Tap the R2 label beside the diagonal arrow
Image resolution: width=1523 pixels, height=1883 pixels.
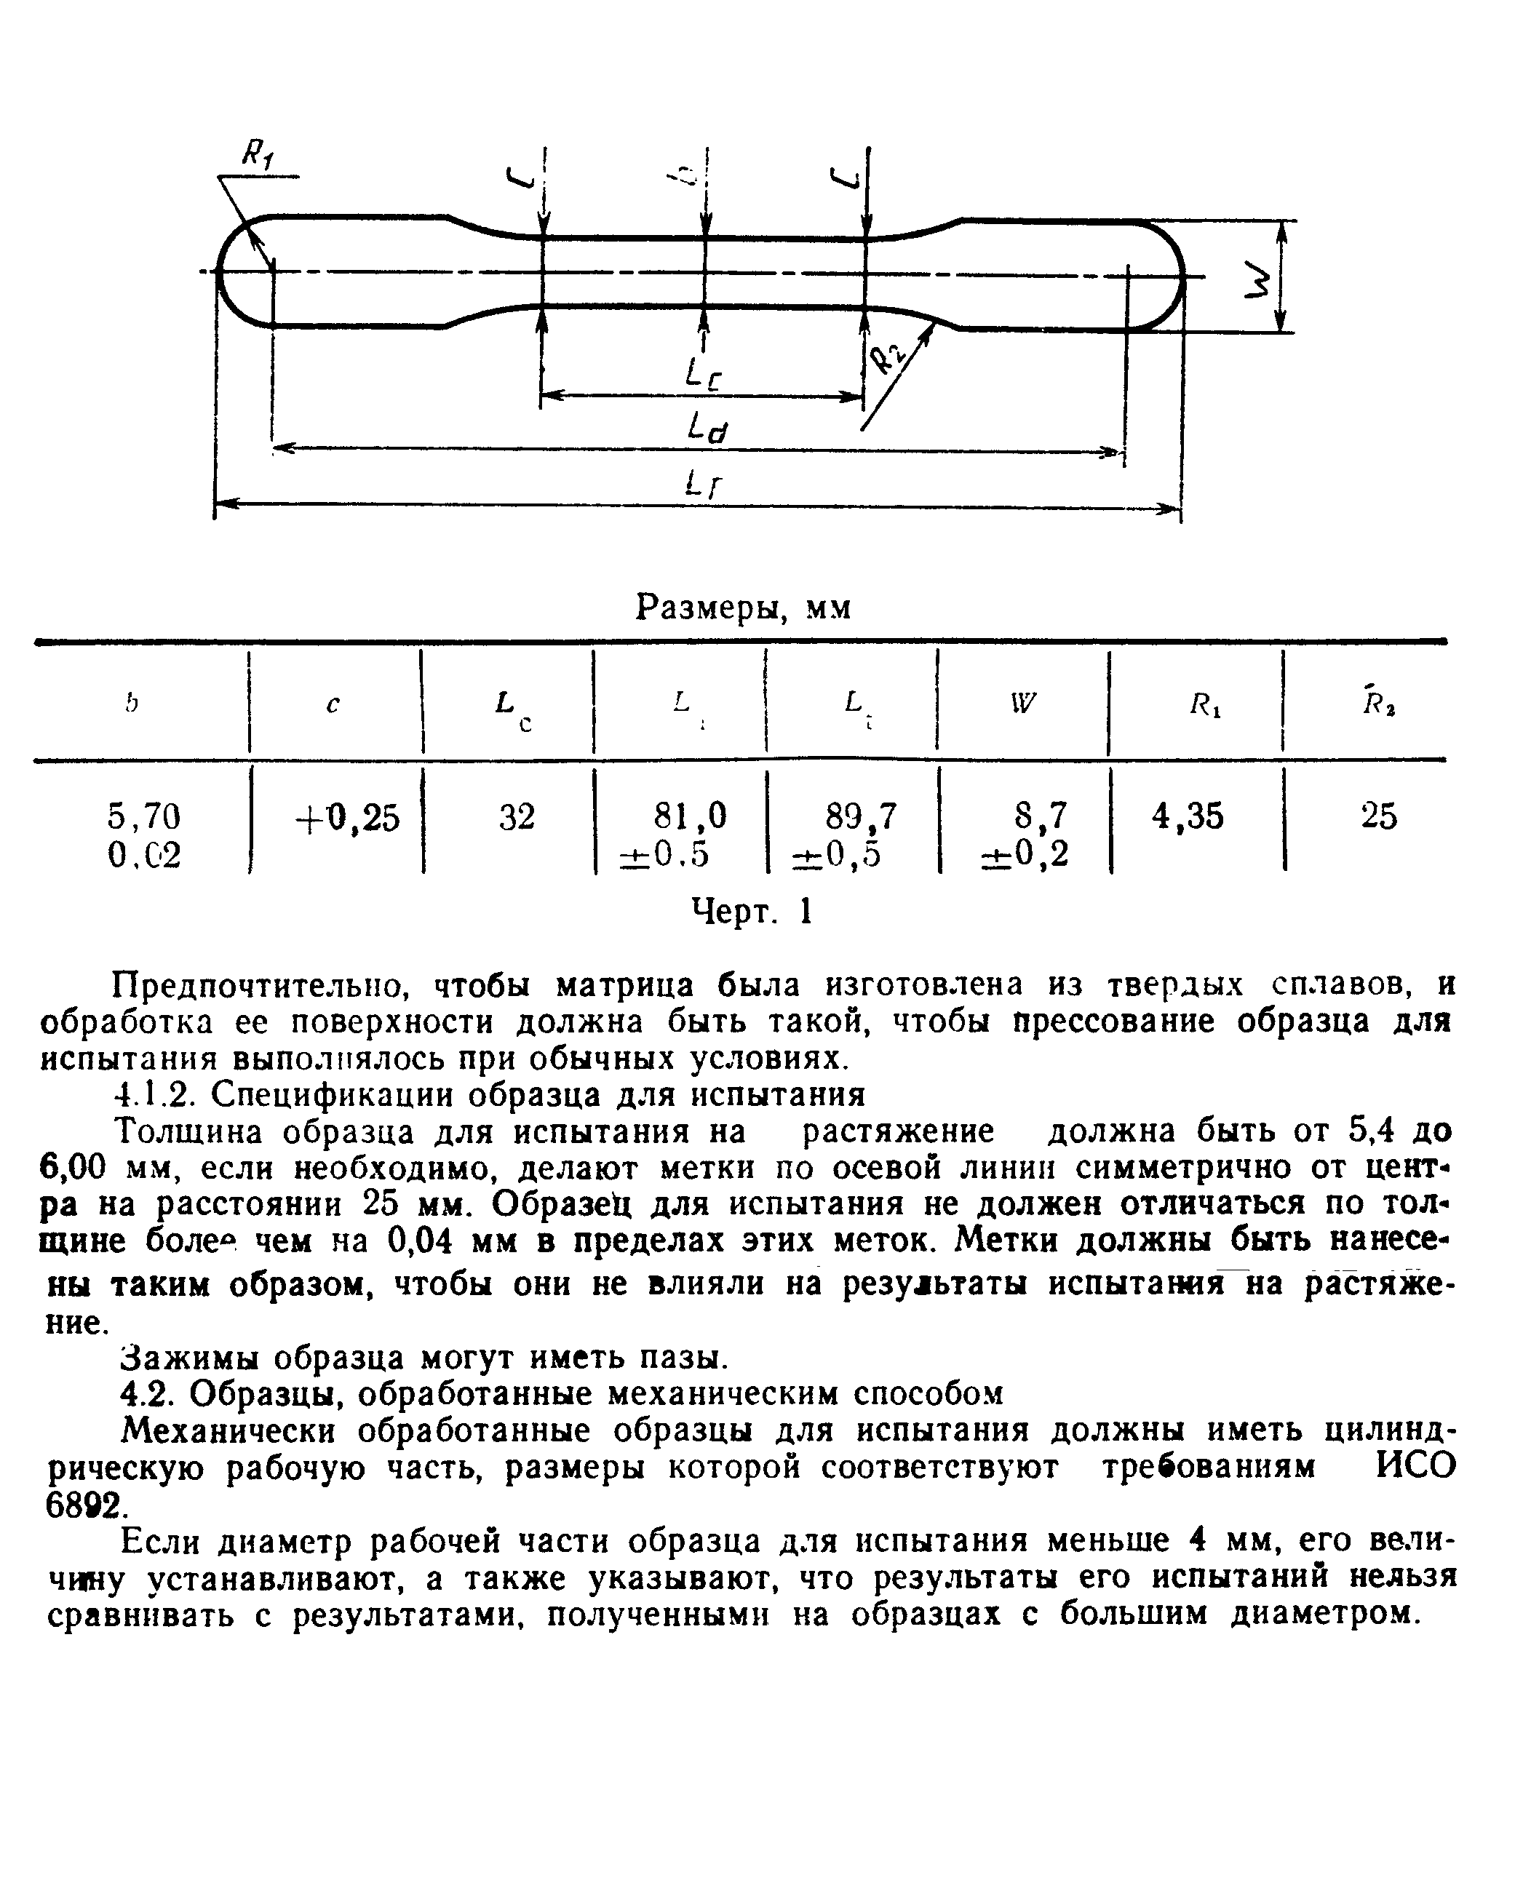pos(887,358)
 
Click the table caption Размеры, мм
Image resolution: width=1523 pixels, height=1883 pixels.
pos(743,607)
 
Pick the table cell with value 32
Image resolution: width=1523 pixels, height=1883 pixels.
pos(517,816)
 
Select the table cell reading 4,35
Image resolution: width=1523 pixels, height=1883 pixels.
pos(1187,816)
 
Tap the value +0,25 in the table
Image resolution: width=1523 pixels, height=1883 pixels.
pos(347,817)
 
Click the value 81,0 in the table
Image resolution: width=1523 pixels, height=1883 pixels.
pos(690,816)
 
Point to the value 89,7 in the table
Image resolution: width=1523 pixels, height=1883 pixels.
pos(862,816)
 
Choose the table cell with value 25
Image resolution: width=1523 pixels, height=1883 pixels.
pos(1378,816)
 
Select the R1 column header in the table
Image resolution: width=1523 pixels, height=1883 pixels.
pos(1204,704)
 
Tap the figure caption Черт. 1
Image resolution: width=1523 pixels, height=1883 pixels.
pos(752,912)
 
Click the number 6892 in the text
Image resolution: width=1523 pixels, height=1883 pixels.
pos(84,1506)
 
